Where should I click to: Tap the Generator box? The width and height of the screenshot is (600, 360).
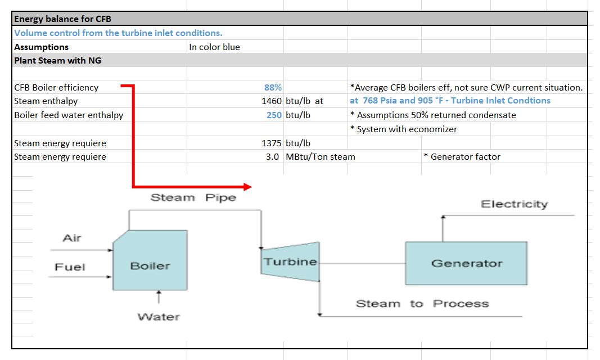coord(466,263)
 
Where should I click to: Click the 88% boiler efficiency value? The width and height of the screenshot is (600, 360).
coord(273,87)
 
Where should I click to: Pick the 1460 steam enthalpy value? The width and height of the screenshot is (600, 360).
coord(272,101)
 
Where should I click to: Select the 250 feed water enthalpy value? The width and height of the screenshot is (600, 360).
coord(274,115)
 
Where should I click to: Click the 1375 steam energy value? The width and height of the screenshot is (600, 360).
coord(272,143)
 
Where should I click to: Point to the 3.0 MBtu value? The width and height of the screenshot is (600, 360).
coord(272,156)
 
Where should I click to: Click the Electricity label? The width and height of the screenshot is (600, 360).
coord(514,204)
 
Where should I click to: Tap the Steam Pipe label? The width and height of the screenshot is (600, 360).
coord(193,197)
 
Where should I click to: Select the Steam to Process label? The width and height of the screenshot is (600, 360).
coord(422,304)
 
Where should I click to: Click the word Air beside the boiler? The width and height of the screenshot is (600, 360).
coord(72,238)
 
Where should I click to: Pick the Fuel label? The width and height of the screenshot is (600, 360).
coord(70,267)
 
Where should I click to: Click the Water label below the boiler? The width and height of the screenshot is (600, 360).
coord(159,317)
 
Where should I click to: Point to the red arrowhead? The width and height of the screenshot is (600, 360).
coord(248,187)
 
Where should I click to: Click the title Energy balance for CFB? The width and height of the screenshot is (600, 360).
coord(63,19)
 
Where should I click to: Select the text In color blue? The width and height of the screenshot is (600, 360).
coord(214,47)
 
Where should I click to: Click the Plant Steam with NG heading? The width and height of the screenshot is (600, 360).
coord(58,60)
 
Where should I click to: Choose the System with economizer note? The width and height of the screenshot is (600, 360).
coord(403,129)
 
